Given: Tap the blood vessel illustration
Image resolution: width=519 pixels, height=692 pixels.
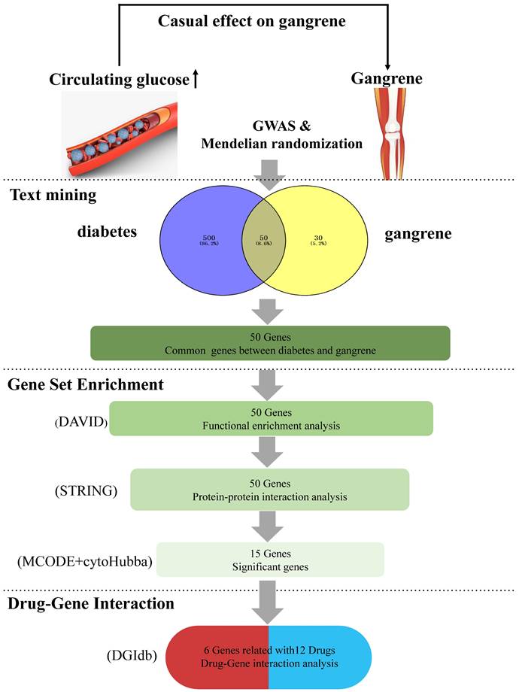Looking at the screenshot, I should [120, 135].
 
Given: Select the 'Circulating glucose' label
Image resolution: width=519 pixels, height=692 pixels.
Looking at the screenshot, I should [120, 80].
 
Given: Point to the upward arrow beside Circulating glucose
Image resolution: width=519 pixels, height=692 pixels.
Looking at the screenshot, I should [196, 79].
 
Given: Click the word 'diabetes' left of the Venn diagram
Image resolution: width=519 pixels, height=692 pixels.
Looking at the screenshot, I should [107, 232].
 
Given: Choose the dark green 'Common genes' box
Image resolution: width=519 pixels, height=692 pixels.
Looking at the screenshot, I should [269, 342].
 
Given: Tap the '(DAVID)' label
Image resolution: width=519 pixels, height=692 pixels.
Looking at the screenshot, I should [81, 423].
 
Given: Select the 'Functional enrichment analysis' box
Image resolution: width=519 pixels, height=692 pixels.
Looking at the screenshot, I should [272, 418].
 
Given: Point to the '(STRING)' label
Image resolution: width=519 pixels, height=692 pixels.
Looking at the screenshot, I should [85, 492].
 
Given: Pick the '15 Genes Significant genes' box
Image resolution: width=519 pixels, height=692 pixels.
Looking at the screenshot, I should [269, 560].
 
